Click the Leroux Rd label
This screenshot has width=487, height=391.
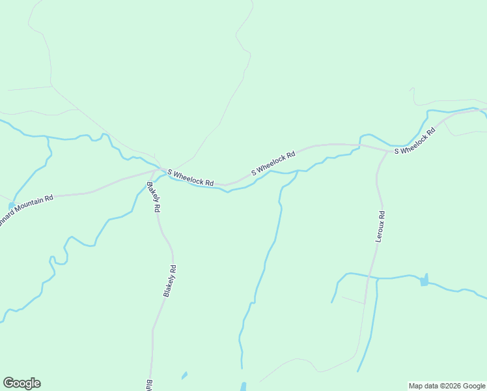pyautogui.click(x=381, y=227)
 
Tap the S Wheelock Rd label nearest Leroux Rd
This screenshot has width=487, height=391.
pyautogui.click(x=415, y=141)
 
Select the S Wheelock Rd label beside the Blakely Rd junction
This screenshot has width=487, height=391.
pyautogui.click(x=191, y=178)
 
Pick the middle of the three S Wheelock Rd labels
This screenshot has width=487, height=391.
pyautogui.click(x=273, y=164)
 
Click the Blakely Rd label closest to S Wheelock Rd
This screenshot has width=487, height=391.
pyautogui.click(x=154, y=198)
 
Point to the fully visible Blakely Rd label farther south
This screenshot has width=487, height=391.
pyautogui.click(x=170, y=281)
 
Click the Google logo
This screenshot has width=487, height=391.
pyautogui.click(x=21, y=383)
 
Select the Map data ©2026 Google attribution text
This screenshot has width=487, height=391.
pyautogui.click(x=447, y=386)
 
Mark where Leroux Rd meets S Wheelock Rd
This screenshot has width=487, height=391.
pyautogui.click(x=389, y=152)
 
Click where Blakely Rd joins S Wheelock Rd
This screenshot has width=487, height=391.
pyautogui.click(x=159, y=171)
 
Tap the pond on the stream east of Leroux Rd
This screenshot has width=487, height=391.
pyautogui.click(x=424, y=281)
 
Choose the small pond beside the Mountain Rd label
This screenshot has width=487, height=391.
pyautogui.click(x=11, y=206)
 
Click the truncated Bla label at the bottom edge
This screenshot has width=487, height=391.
pyautogui.click(x=149, y=385)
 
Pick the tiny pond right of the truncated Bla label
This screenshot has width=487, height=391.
pyautogui.click(x=185, y=375)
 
